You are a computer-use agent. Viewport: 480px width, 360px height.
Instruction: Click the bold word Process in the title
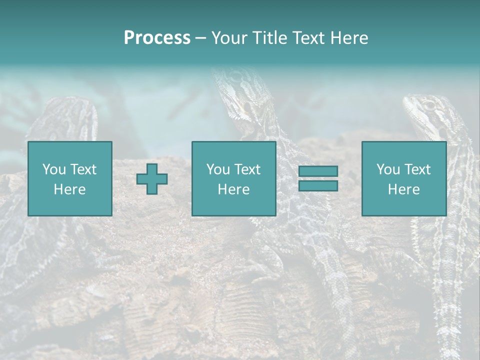[x=157, y=38]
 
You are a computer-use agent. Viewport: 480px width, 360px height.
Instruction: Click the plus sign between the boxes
[x=152, y=179]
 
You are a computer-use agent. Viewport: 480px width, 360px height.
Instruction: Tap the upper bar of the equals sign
[x=318, y=171]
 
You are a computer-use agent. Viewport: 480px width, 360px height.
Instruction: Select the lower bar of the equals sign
[x=318, y=185]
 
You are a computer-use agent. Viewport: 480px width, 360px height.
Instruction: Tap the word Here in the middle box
[x=233, y=189]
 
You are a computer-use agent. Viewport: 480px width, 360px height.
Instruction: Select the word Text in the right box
[x=416, y=169]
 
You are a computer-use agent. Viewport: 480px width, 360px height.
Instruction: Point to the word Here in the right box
[x=403, y=189]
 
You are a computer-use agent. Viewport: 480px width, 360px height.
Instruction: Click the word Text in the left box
[x=82, y=169]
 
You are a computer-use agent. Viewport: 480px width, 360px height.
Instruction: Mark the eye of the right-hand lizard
[x=428, y=105]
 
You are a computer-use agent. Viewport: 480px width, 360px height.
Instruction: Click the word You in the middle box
[x=218, y=169]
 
